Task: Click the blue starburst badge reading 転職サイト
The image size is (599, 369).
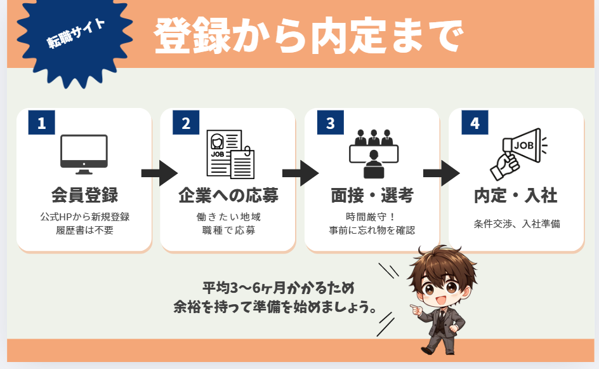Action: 75,38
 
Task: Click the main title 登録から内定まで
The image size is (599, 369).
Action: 308,36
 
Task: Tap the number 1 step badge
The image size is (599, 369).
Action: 42,123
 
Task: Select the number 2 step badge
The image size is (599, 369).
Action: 186,123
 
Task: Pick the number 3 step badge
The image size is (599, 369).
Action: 331,123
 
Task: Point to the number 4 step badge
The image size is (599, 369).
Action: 475,123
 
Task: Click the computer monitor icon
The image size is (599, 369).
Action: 84,154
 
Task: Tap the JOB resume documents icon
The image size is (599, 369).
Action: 230,154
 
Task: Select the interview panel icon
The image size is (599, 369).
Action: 374,154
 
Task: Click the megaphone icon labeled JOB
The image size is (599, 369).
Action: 519,154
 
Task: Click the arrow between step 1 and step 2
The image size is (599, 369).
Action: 159,173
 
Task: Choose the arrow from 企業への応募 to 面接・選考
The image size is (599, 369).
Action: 301,173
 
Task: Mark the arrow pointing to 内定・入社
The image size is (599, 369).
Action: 442,173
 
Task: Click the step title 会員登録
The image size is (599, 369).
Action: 85,195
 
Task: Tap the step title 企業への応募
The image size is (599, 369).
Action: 228,195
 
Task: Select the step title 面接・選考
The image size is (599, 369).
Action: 372,196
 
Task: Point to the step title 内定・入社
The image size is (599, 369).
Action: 516,196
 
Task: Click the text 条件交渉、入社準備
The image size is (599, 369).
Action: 517,224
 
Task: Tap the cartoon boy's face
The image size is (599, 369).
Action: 442,289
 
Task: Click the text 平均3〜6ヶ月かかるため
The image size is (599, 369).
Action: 279,288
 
